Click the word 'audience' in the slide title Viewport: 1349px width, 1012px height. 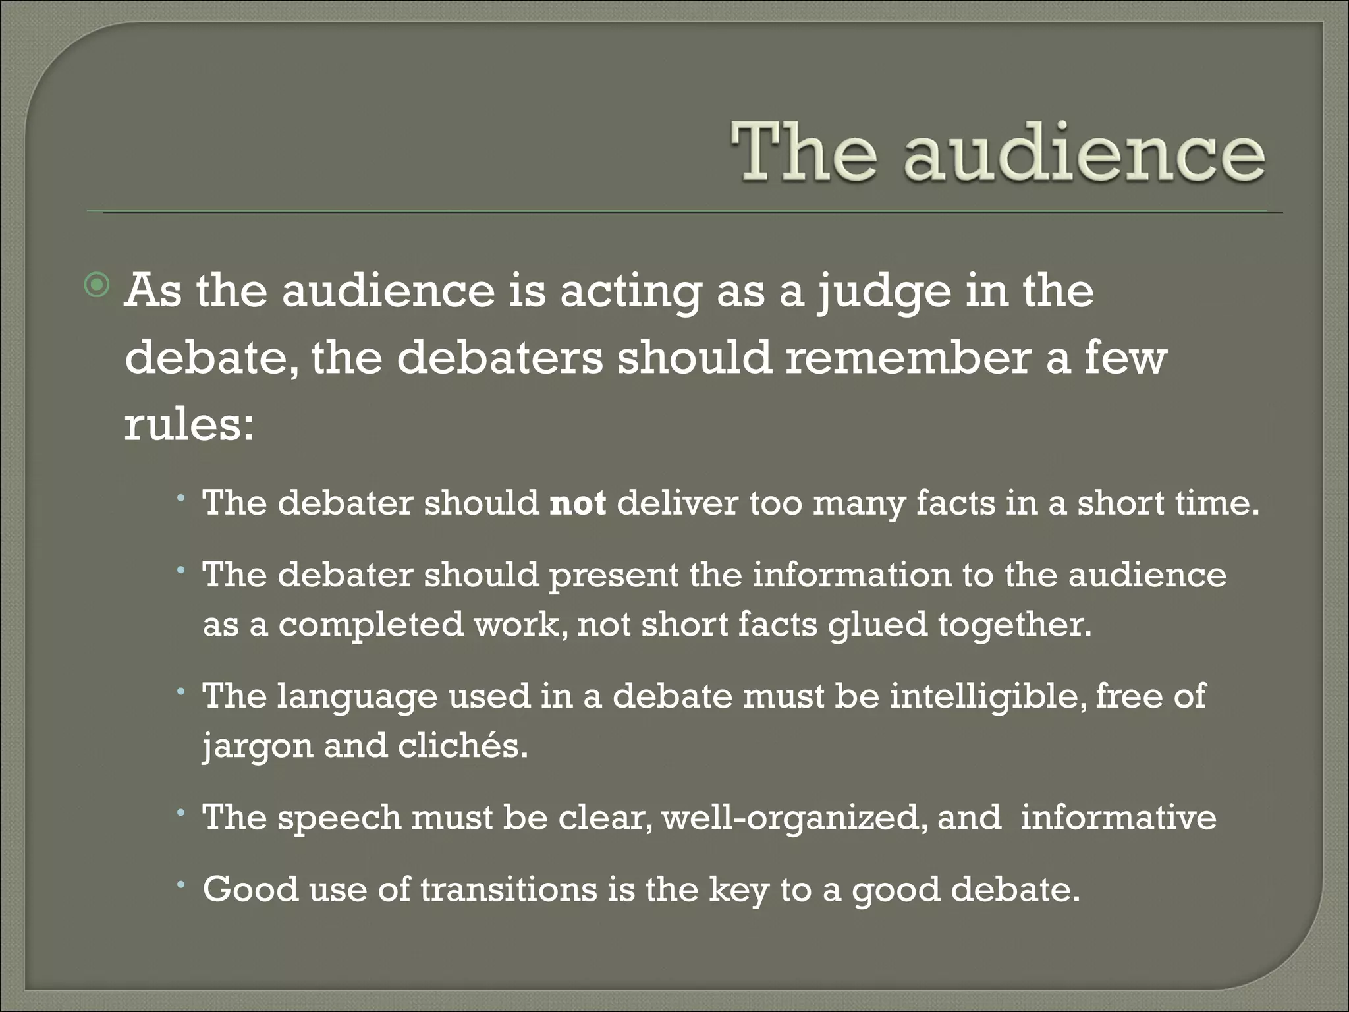1084,155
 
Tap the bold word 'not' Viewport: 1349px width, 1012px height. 578,503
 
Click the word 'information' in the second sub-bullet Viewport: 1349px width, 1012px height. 852,575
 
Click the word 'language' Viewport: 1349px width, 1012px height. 357,697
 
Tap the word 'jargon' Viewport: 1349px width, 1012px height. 258,747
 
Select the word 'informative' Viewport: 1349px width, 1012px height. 1118,818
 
